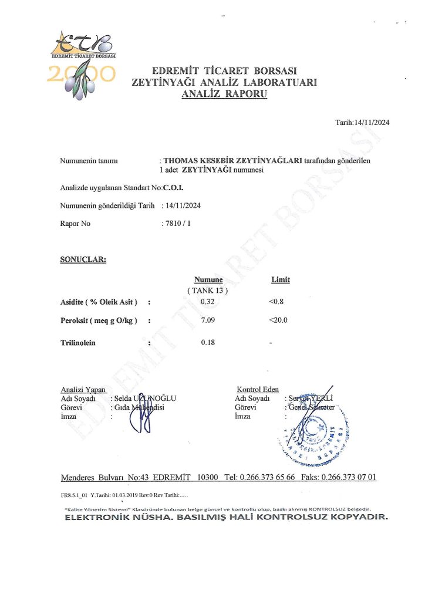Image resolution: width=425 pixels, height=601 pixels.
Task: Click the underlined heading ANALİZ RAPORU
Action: [x=224, y=93]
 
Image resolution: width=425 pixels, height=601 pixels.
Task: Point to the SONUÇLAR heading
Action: [x=83, y=259]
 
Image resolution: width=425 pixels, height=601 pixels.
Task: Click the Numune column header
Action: [x=208, y=280]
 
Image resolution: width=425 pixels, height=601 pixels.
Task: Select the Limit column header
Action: [x=280, y=280]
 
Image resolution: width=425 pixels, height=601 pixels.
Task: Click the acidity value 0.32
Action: [x=207, y=302]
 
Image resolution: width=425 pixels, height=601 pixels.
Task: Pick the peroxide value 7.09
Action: [x=207, y=321]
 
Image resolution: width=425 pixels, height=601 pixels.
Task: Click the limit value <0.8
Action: [x=276, y=302]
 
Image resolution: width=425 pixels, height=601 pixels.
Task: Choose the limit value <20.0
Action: [x=278, y=321]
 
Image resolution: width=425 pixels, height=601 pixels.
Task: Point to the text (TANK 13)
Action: [x=207, y=291]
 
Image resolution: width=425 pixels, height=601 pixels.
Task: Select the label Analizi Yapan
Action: [x=83, y=390]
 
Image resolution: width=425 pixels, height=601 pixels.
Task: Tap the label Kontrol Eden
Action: [x=258, y=389]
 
